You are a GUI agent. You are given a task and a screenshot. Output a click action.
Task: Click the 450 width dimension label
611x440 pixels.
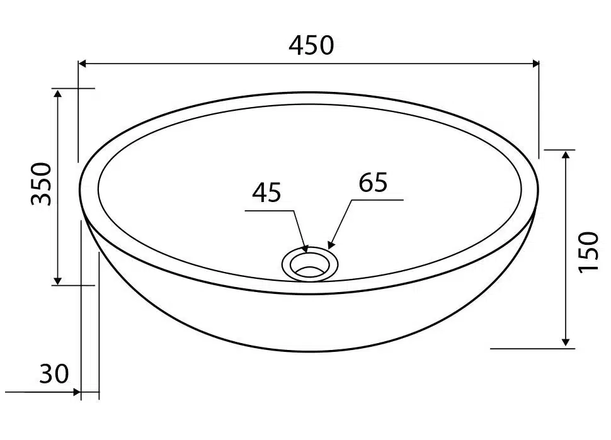click(311, 45)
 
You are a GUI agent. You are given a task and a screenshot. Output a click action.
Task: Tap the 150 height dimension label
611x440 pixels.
click(588, 252)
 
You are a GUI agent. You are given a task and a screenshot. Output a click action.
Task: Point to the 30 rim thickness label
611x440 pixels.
click(54, 374)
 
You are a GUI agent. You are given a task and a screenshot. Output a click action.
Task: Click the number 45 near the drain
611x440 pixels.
click(266, 193)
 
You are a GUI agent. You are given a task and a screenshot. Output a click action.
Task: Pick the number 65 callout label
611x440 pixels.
click(373, 182)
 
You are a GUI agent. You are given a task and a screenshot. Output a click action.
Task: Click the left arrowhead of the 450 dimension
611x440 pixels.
click(83, 64)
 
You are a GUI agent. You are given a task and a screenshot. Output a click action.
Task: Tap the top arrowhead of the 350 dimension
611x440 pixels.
click(58, 93)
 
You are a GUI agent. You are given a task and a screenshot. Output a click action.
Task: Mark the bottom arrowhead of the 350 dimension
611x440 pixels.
click(58, 281)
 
